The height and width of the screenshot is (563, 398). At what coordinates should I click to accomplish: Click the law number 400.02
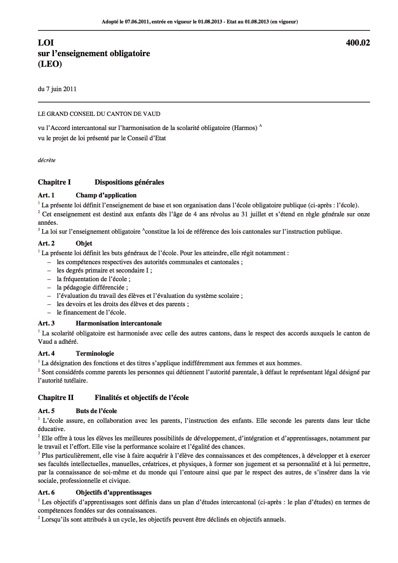tap(358, 43)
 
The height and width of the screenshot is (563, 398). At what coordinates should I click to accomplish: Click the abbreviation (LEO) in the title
tap(50, 64)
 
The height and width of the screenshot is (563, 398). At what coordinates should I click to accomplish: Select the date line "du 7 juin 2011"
tap(57, 89)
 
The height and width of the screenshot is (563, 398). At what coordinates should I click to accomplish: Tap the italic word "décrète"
tap(47, 160)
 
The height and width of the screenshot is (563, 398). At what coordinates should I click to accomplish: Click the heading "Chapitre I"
tap(54, 182)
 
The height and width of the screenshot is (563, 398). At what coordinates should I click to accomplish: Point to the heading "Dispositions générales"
tap(129, 182)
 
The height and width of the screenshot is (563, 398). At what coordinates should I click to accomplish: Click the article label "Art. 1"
tap(46, 195)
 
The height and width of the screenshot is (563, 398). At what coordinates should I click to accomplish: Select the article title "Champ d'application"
tap(106, 195)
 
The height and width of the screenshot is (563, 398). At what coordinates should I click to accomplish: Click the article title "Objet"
tap(84, 243)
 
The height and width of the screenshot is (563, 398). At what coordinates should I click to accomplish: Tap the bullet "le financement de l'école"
tap(91, 312)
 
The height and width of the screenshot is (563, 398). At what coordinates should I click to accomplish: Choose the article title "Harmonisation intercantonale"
tap(119, 323)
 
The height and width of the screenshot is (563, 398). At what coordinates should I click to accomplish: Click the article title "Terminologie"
tap(95, 353)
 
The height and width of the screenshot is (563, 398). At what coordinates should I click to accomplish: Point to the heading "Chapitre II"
tap(56, 398)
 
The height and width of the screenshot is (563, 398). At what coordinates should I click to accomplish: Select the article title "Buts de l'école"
tap(96, 411)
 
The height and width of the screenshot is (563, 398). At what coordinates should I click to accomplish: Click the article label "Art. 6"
tap(46, 492)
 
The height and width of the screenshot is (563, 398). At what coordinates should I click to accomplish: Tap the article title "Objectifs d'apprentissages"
tap(113, 492)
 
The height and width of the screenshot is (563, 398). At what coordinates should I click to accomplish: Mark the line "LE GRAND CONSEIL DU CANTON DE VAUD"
tap(99, 114)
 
